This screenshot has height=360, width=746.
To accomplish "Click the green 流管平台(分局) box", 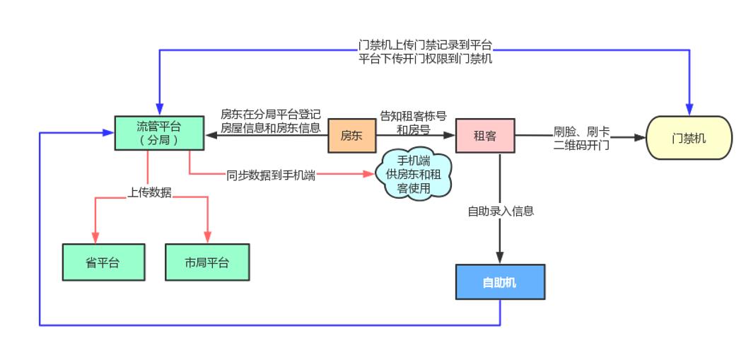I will [159, 133].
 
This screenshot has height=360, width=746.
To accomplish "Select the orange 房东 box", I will [351, 135].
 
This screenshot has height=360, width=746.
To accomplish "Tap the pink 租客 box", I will [484, 135].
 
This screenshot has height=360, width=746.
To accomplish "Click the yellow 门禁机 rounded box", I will [689, 138].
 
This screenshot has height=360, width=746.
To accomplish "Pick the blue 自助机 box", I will [499, 282].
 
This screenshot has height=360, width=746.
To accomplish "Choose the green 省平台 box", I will [103, 262].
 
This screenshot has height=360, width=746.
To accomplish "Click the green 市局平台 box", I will [207, 262].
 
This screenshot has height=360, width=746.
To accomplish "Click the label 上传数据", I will [149, 192].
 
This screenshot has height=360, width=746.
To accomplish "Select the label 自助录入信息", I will [500, 211].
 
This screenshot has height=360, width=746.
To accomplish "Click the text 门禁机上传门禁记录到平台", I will [425, 45].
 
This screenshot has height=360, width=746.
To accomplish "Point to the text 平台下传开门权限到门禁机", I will [425, 59].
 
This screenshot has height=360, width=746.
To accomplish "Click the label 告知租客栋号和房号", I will [413, 122].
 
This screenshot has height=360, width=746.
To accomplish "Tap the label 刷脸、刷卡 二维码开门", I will [581, 138].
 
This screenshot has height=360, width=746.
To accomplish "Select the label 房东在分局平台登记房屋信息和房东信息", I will [270, 121].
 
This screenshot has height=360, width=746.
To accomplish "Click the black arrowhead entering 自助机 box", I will [500, 259].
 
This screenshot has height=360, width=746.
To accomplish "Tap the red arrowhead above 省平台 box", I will [95, 238].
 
